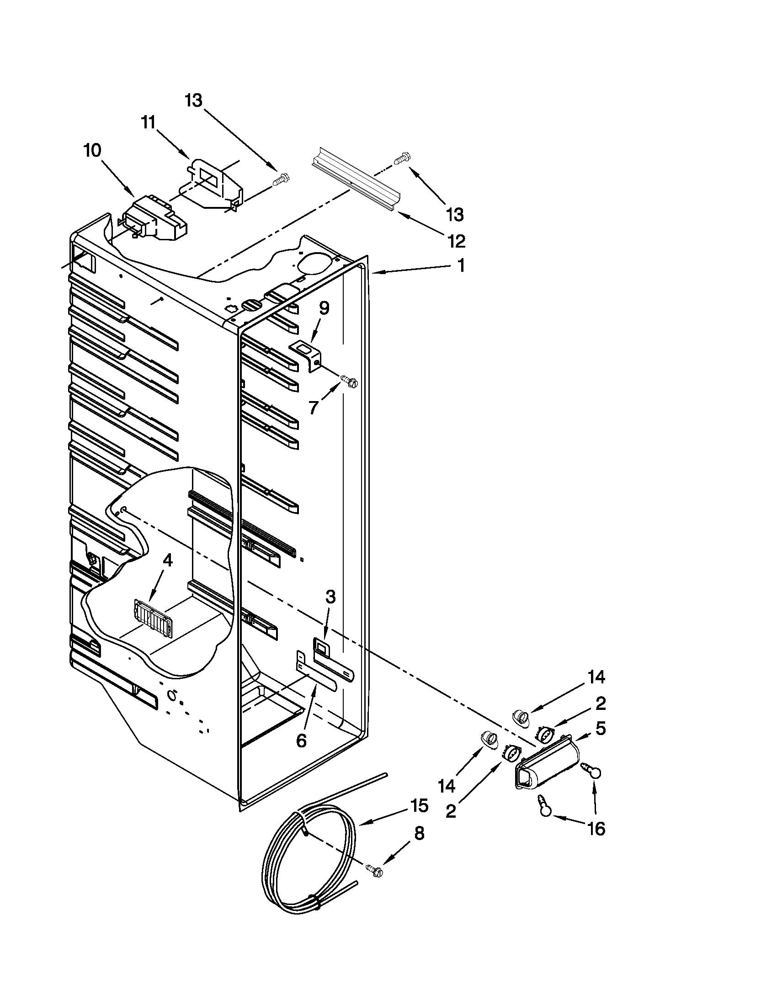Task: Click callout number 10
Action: tap(92, 150)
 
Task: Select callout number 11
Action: tap(148, 123)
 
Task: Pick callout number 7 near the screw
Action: tap(314, 407)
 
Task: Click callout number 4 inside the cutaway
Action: tap(168, 560)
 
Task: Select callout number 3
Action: tap(330, 598)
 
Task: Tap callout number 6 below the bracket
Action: tap(301, 741)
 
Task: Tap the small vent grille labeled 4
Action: tap(152, 613)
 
